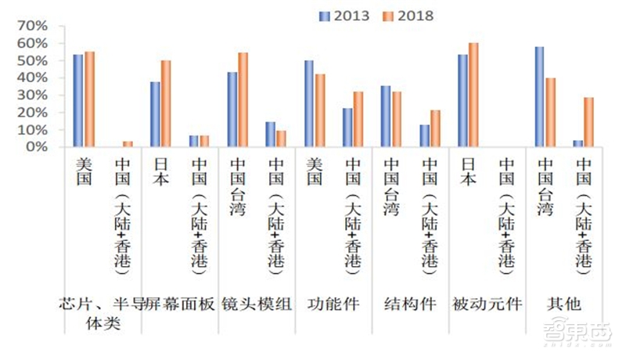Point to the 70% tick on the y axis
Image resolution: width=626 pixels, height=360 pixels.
[x=32, y=27]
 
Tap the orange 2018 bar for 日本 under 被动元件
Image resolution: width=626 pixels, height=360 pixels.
[x=473, y=95]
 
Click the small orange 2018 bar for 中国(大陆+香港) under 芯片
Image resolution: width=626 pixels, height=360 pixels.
[x=128, y=144]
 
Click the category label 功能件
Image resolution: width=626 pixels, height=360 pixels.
[x=333, y=305]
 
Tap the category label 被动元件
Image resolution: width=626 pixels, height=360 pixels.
[x=487, y=305]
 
